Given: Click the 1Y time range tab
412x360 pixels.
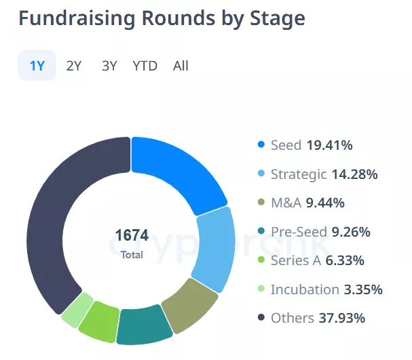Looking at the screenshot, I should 37,66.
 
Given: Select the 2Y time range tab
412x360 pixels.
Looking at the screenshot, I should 74,66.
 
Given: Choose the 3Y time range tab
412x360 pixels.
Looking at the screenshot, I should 109,66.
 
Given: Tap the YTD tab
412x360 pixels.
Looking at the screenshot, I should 145,66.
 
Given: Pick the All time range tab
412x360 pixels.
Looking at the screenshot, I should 181,66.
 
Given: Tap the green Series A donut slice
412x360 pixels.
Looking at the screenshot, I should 100,321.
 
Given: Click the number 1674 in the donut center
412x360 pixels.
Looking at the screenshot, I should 132,237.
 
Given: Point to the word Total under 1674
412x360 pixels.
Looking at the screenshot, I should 132,255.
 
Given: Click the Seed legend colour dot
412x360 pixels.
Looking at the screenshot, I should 261,145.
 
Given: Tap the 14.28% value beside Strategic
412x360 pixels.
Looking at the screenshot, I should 354,174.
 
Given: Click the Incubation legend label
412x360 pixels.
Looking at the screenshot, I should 305,289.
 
